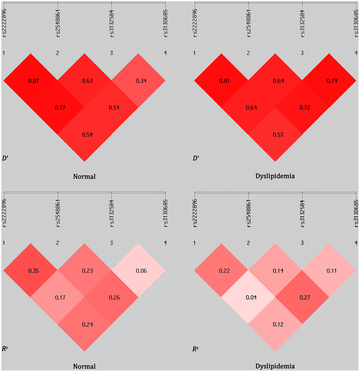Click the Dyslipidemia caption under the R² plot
click(x=275, y=366)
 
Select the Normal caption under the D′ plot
click(x=84, y=176)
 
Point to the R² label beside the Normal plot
click(x=5, y=349)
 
